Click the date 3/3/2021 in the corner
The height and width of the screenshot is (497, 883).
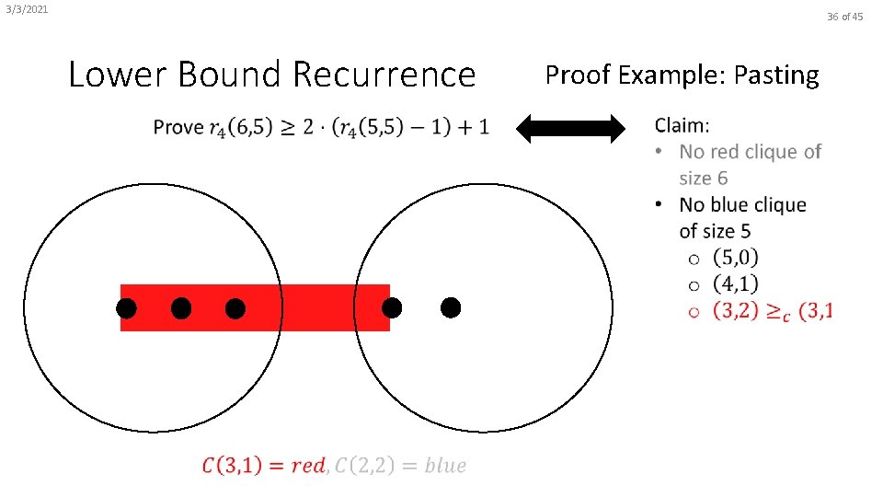point(26,10)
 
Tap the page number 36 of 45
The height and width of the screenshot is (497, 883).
point(844,17)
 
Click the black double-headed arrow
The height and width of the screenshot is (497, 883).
point(570,129)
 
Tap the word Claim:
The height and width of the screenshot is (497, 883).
point(682,124)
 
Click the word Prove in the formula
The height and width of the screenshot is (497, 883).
point(178,127)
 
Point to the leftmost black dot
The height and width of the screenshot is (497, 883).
point(127,308)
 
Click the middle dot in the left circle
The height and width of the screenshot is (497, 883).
point(181,308)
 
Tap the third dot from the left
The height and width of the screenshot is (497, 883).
point(235,308)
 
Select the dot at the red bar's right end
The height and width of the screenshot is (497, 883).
point(392,308)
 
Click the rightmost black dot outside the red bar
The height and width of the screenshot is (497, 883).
point(450,308)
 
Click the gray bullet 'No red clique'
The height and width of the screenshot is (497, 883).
point(750,152)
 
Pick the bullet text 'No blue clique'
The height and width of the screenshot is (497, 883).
point(742,204)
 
